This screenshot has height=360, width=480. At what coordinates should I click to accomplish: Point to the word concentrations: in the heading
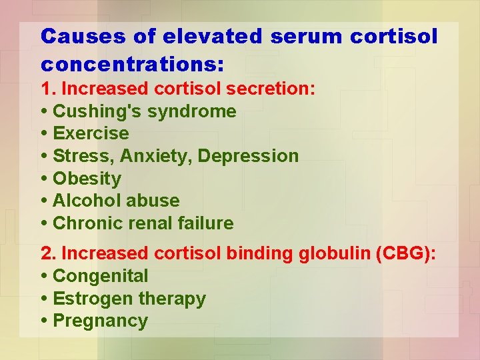tap(132, 65)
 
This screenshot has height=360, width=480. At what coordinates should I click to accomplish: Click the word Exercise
tap(91, 133)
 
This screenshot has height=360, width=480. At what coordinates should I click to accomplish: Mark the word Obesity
tap(87, 179)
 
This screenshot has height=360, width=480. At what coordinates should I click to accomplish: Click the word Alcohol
tap(85, 201)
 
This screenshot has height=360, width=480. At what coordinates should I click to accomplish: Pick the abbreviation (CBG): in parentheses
tap(407, 253)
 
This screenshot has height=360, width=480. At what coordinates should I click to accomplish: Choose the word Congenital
tap(100, 276)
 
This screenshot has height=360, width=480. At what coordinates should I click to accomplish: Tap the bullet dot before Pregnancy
tap(44, 321)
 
